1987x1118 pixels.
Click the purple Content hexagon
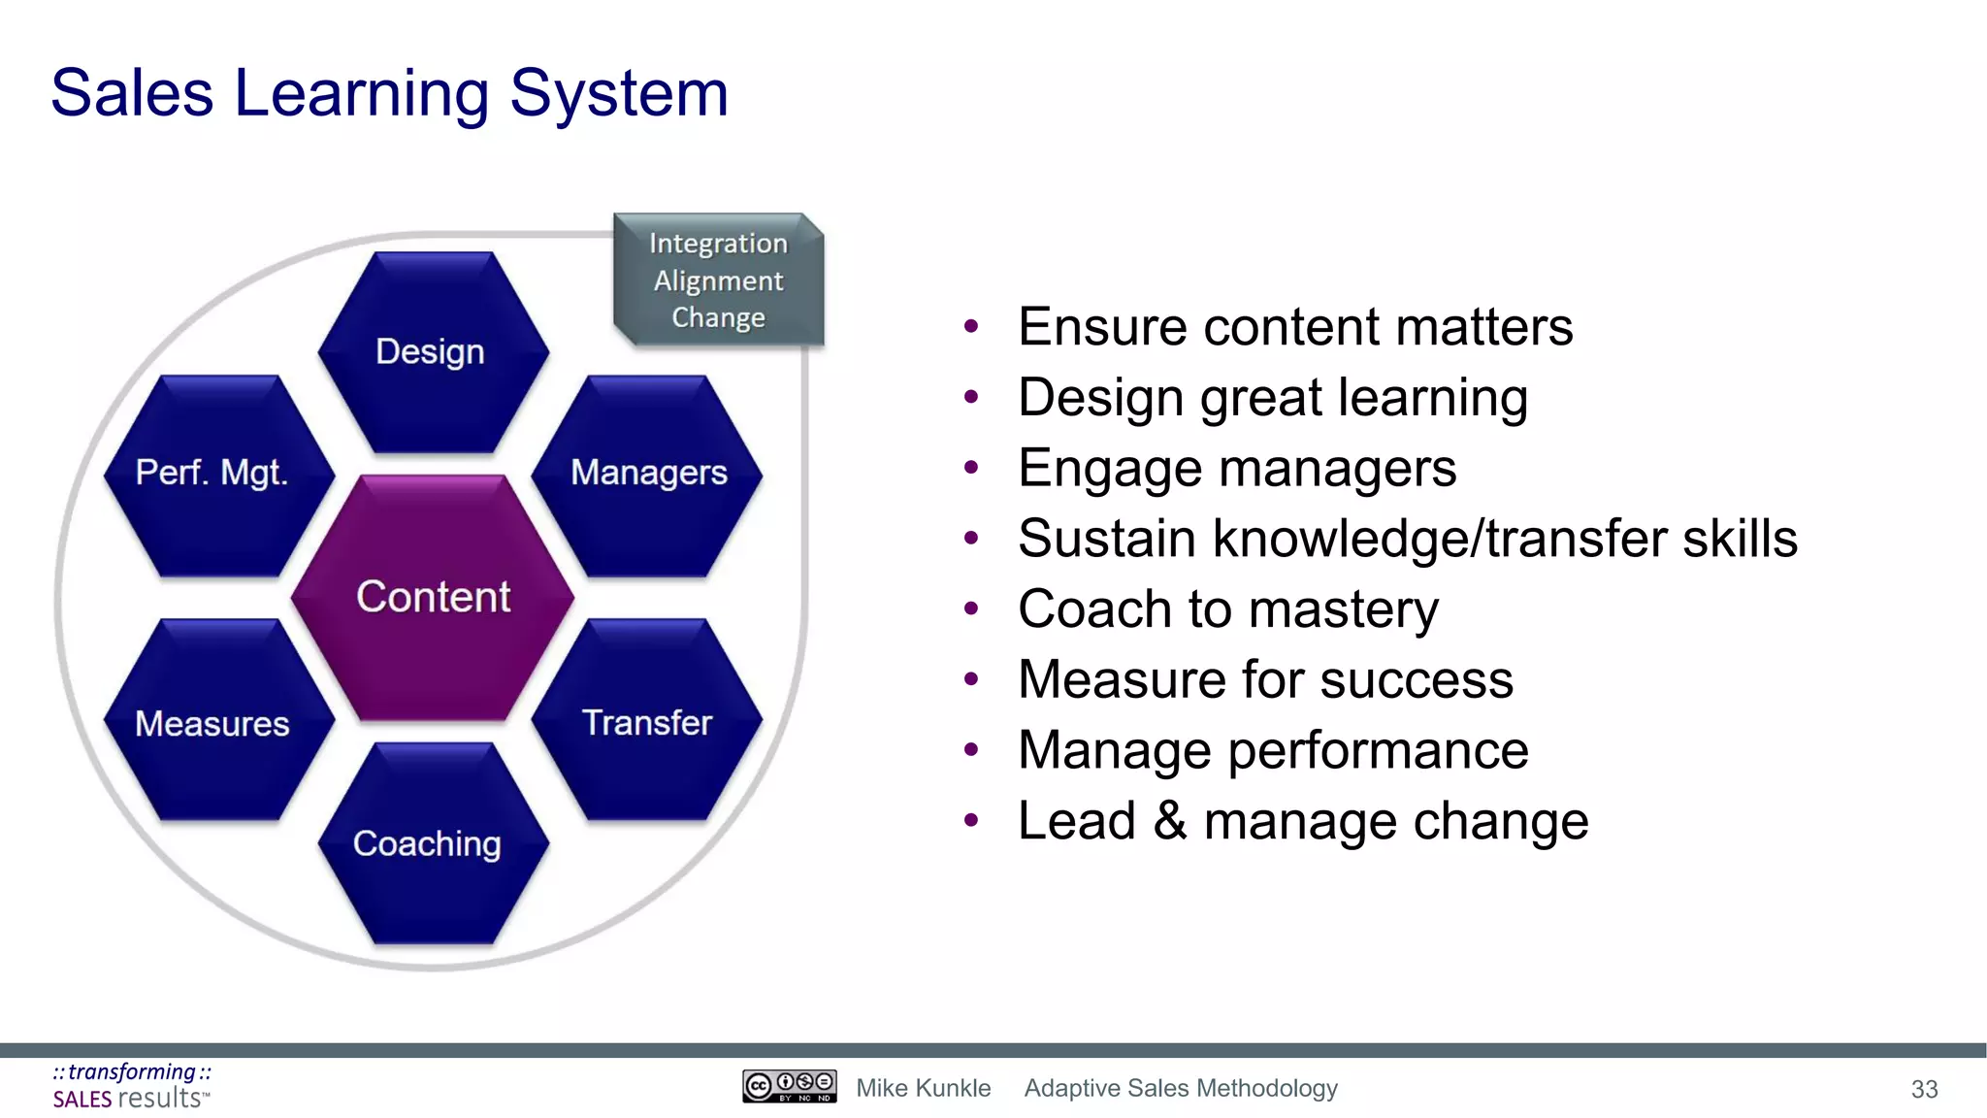click(433, 598)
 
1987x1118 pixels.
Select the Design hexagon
click(433, 352)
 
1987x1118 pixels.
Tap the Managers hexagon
click(648, 475)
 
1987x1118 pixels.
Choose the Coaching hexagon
click(433, 843)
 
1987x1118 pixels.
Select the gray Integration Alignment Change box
click(719, 280)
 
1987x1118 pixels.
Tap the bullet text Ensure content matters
click(1294, 327)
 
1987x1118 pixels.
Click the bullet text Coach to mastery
click(1227, 609)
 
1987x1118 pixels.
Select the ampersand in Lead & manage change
click(1170, 821)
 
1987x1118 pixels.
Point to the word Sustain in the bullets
click(1106, 539)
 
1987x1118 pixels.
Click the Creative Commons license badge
click(789, 1086)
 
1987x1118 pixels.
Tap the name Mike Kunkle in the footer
click(923, 1088)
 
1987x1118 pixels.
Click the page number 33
click(1924, 1089)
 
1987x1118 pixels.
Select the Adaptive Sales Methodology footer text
click(1181, 1088)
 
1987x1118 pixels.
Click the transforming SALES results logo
click(132, 1086)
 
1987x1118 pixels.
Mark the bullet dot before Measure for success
click(971, 679)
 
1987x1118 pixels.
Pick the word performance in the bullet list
click(1378, 751)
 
